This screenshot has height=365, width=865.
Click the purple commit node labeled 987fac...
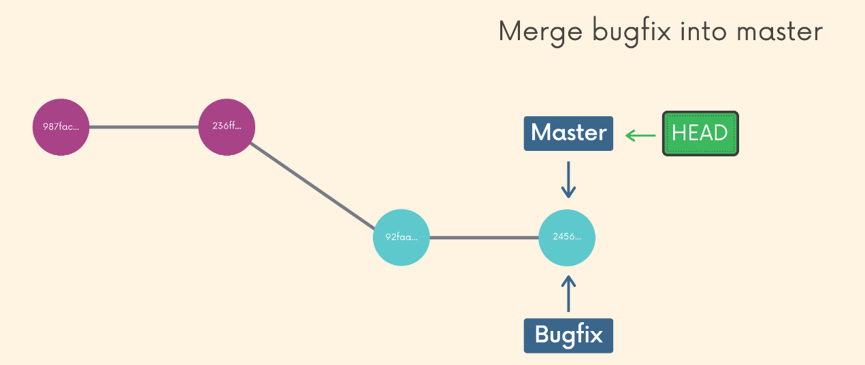(x=61, y=127)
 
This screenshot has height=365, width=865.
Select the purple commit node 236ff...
(x=227, y=127)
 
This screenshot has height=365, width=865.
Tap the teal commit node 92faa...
(x=402, y=237)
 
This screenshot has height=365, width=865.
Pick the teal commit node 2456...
(x=567, y=237)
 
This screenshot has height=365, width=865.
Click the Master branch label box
(x=568, y=133)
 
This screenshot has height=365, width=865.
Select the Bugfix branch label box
(x=568, y=335)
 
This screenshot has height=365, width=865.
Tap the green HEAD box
(x=700, y=133)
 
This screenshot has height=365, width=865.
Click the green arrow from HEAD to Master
(x=640, y=135)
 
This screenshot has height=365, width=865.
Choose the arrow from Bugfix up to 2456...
(x=568, y=293)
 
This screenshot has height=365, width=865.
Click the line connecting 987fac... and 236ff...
(x=144, y=127)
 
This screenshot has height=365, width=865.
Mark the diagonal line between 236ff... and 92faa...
(x=313, y=182)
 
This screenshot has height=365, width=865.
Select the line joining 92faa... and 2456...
(x=484, y=238)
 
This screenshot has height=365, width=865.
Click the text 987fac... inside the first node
(x=61, y=127)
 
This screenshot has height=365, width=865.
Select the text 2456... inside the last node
(x=567, y=237)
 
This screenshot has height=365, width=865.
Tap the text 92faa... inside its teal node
(x=402, y=237)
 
